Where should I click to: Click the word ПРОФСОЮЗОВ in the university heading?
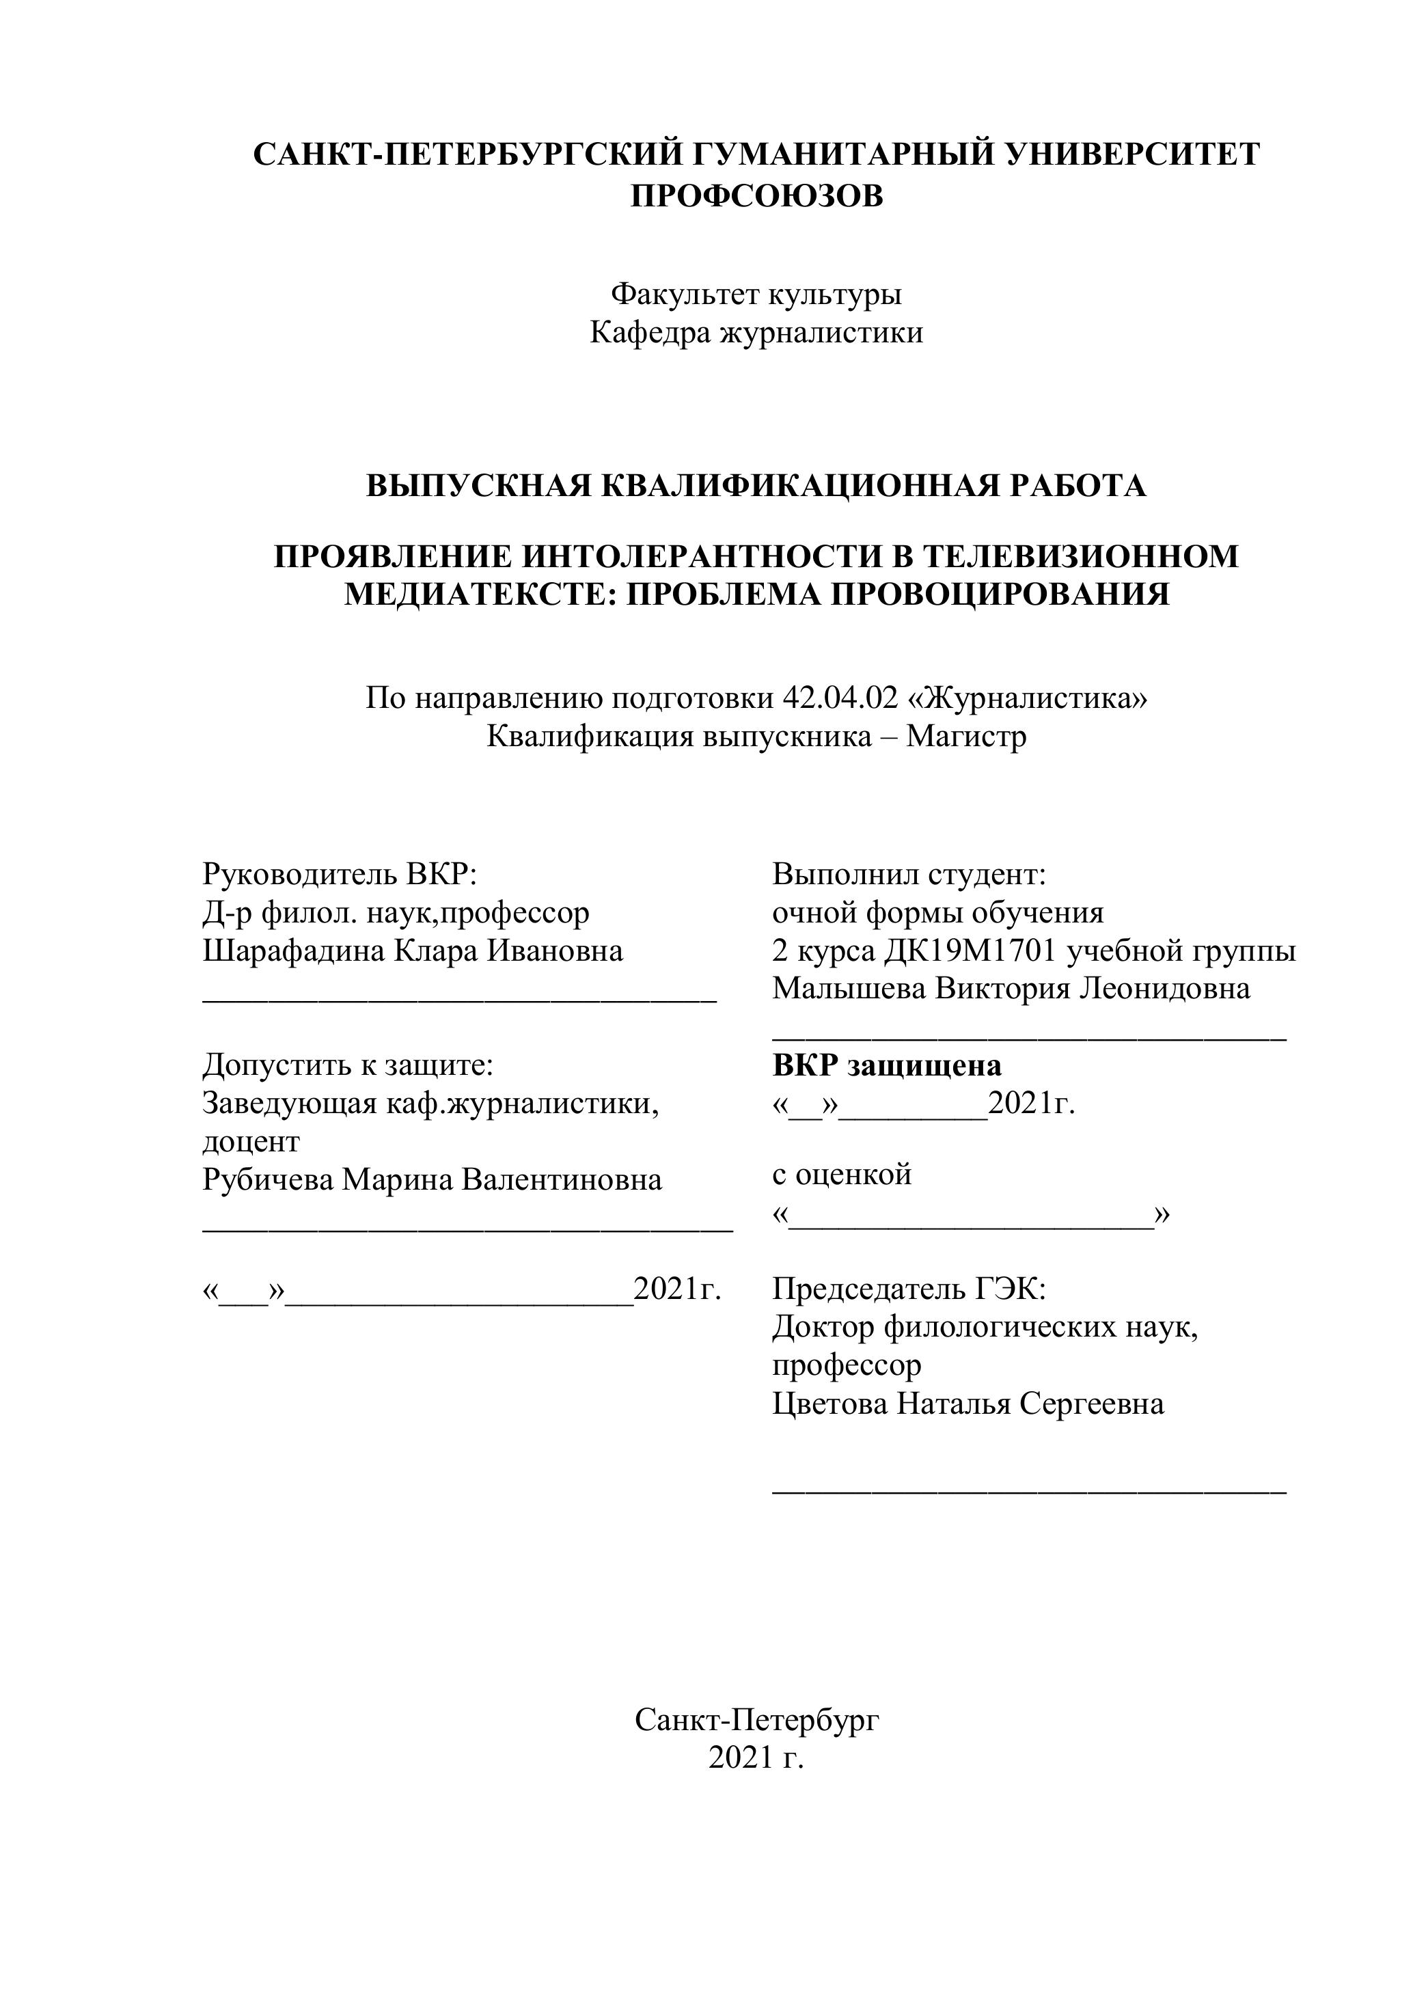(756, 197)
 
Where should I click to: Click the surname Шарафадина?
(294, 950)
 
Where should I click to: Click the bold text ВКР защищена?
(887, 1065)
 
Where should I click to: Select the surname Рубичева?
(267, 1180)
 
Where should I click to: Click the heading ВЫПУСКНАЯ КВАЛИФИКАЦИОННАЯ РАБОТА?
(756, 486)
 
